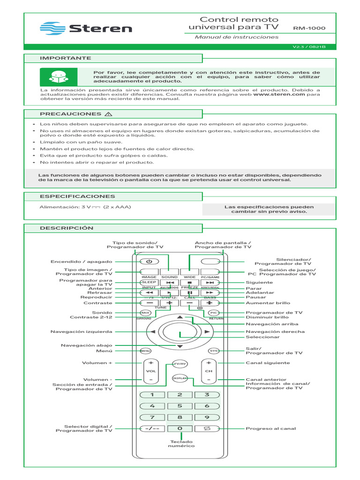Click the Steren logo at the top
tap(86, 28)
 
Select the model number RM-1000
tap(309, 28)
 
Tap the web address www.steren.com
tap(279, 94)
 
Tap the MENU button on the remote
tap(145, 351)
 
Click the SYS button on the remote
tap(214, 351)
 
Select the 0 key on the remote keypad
tap(180, 428)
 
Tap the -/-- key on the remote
tap(152, 428)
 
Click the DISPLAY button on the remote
tap(180, 378)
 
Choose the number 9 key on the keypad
tap(207, 417)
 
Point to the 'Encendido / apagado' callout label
tap(81, 261)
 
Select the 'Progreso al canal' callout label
tap(271, 428)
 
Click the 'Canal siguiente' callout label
tap(268, 363)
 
